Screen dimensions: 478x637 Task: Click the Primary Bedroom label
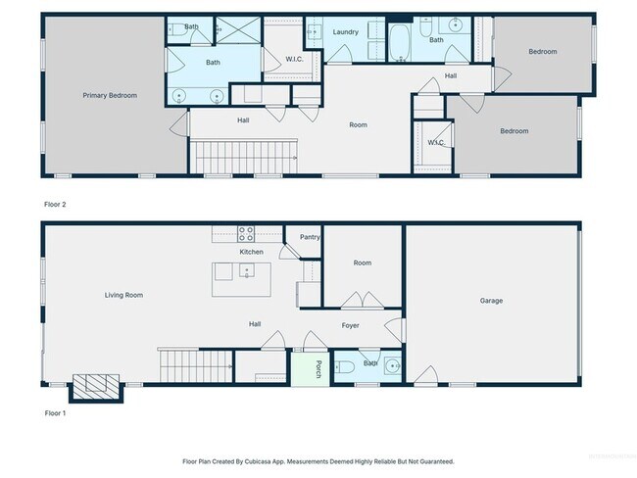[109, 96]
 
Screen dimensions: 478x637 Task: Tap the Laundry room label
[345, 32]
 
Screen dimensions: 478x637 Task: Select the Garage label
[491, 301]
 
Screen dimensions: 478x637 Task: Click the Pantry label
[310, 237]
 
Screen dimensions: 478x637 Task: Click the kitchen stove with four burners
[246, 234]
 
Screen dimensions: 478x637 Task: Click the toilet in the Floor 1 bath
[345, 368]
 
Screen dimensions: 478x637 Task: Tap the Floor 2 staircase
[244, 153]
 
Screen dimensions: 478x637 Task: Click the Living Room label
[125, 295]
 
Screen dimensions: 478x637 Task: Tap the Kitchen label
[252, 253]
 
